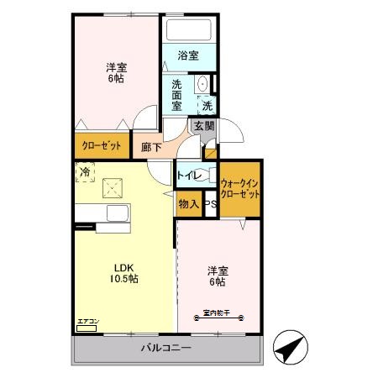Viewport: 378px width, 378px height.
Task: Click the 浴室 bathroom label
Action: coord(188,56)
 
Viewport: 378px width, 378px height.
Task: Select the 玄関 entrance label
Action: coord(204,126)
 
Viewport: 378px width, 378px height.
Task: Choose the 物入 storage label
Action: coord(188,203)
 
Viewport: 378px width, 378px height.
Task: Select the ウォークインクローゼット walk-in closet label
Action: coord(239,187)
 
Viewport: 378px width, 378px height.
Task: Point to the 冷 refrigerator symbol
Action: coord(85,173)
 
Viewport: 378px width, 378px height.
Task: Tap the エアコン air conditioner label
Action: coord(88,322)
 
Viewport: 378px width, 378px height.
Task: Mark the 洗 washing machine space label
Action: coord(207,106)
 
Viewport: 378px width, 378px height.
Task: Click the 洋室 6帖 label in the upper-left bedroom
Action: coord(117,72)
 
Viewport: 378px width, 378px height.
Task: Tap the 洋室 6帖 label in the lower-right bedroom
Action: coord(219,276)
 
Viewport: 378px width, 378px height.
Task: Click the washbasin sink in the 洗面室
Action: coord(202,85)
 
